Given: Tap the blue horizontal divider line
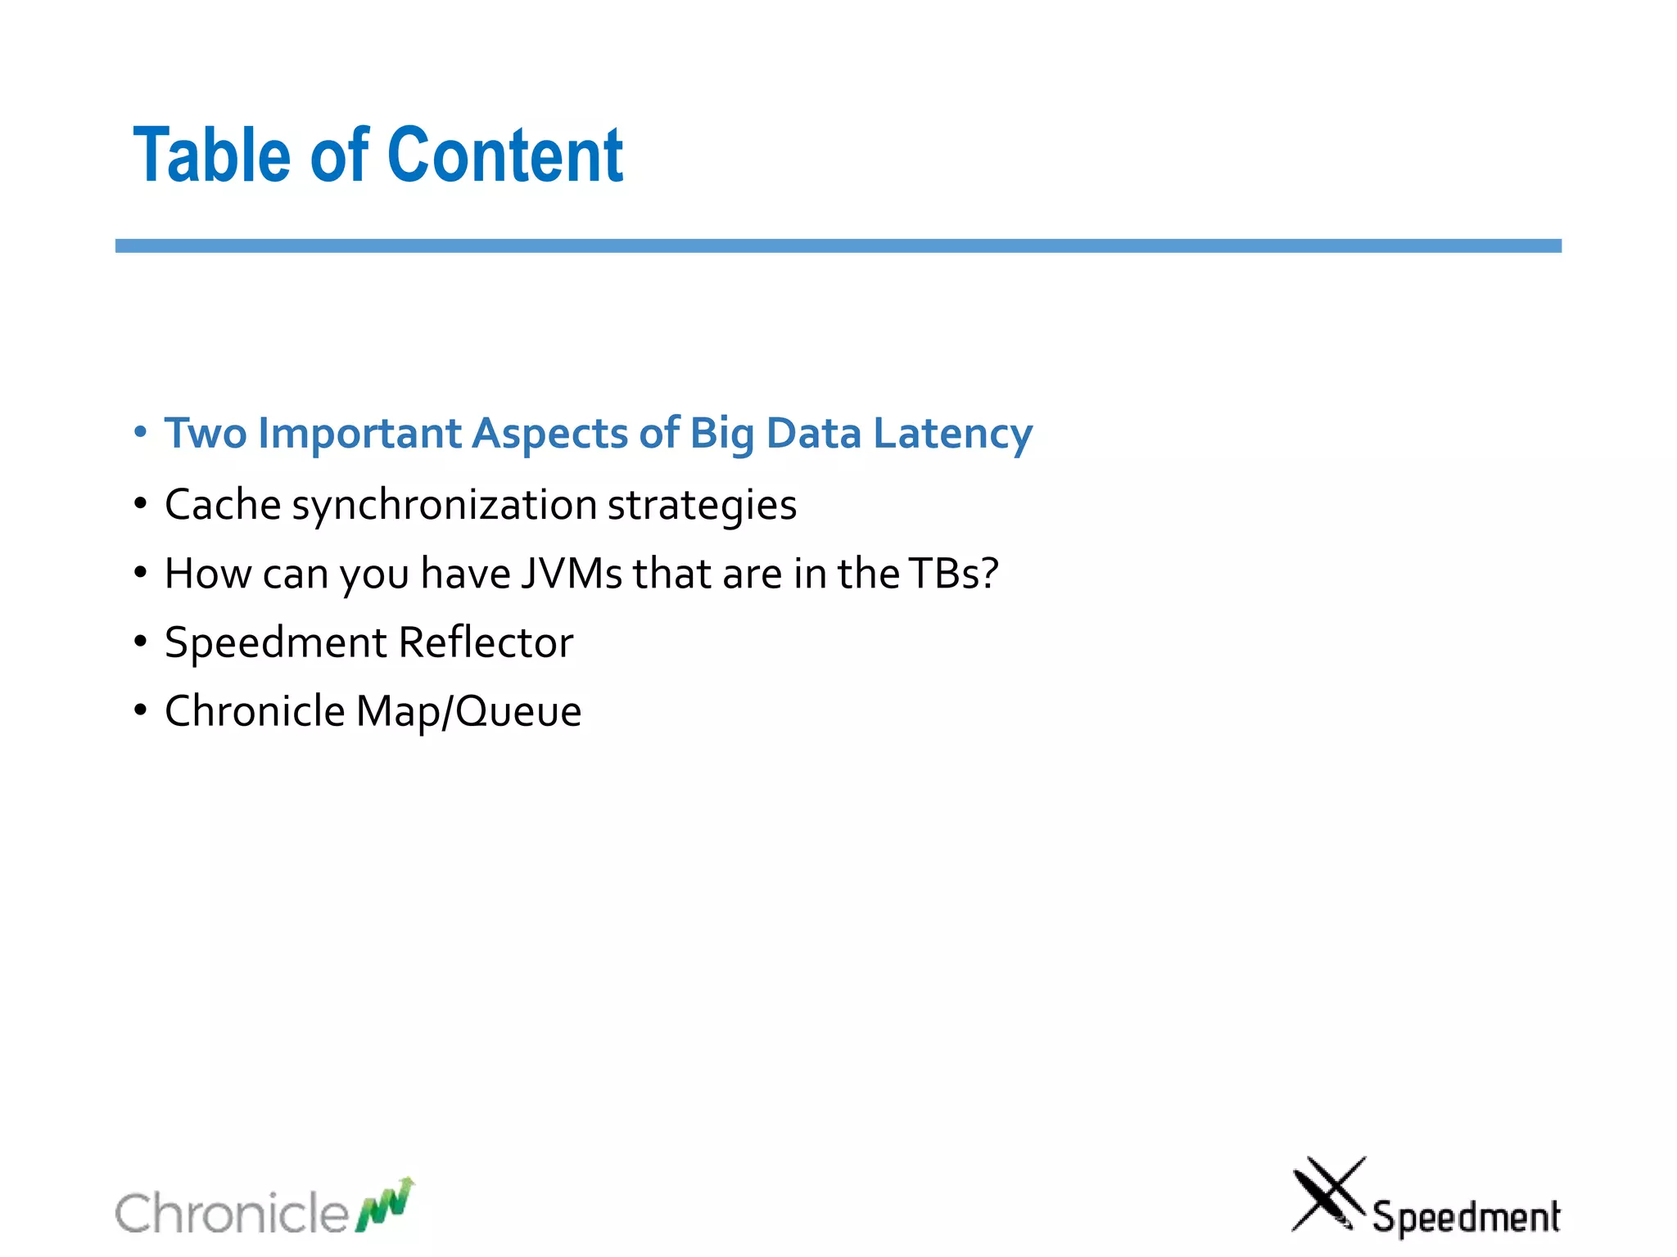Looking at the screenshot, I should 838,246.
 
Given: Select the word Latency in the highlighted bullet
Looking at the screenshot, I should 952,434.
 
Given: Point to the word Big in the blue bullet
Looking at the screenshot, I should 721,434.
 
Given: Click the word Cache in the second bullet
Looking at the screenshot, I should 223,504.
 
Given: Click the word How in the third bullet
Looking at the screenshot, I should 207,573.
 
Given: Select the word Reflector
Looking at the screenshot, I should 486,642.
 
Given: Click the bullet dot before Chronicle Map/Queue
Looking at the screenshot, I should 141,710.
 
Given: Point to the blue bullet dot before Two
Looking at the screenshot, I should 141,432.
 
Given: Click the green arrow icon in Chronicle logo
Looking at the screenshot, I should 385,1205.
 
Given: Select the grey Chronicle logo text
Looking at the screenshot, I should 232,1213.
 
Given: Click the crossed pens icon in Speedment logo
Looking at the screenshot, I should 1327,1194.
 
